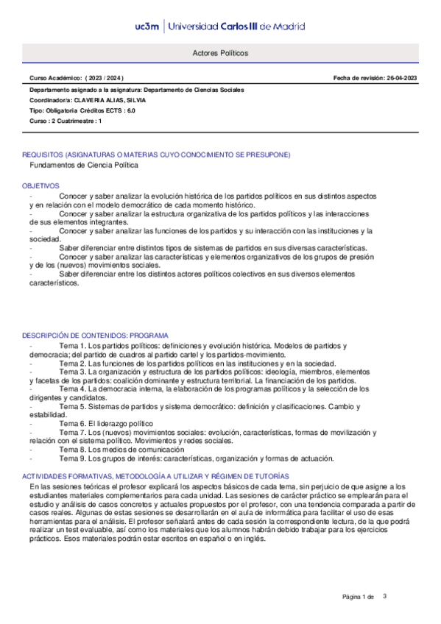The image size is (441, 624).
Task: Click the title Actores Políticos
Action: point(220,54)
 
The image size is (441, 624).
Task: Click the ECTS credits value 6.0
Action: point(130,110)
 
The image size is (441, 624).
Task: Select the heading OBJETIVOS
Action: point(41,186)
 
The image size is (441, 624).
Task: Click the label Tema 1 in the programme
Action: point(73,345)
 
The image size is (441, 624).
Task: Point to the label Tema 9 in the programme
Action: point(73,458)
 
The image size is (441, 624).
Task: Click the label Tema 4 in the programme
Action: point(73,390)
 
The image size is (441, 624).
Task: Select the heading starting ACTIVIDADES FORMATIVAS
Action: point(156,477)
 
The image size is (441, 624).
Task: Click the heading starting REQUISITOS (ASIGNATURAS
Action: point(156,155)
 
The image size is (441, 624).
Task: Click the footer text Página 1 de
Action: point(359,596)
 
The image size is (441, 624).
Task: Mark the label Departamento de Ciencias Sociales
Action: point(194,90)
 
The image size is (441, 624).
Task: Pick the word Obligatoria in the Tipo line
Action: point(64,110)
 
